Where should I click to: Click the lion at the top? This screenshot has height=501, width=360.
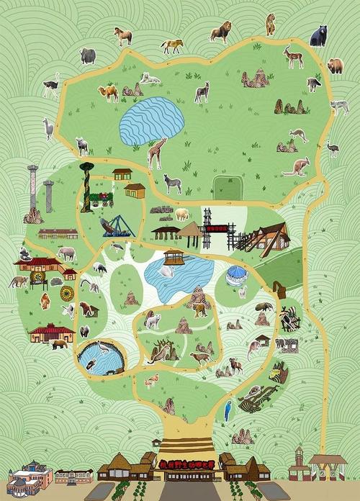tap(220, 32)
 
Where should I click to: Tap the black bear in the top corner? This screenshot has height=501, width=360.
tap(318, 35)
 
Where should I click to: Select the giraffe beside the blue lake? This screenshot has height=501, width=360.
tap(156, 153)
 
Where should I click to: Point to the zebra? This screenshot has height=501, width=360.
tap(173, 184)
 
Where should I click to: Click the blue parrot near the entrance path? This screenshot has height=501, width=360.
tap(228, 411)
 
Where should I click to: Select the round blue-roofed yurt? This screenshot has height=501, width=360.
tap(236, 276)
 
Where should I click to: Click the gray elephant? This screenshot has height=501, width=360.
tap(67, 253)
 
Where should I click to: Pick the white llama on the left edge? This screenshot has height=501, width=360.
tap(48, 129)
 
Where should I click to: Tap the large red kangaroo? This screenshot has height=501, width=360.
tap(296, 167)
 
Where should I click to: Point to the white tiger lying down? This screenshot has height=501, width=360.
tap(150, 78)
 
